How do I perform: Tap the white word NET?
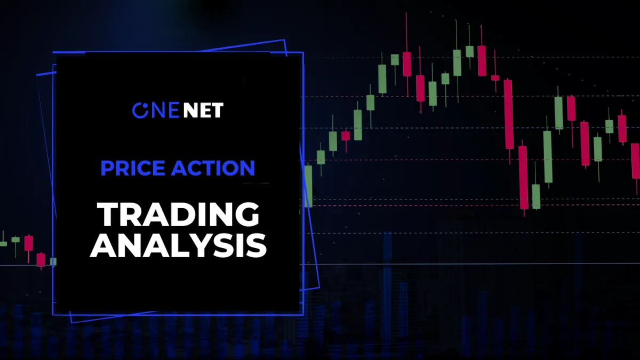203,110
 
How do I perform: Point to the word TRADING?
178,214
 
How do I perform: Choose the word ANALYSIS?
178,245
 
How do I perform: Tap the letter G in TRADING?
247,214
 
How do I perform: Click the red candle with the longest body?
508,114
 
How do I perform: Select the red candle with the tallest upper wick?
407,64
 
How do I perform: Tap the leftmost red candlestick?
29,243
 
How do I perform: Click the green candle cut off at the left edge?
3,244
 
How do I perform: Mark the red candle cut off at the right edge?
636,161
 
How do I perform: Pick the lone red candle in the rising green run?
346,136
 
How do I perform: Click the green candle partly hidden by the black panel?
308,186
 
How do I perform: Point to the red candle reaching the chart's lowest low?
523,178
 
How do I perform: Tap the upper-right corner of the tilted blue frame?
284,39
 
